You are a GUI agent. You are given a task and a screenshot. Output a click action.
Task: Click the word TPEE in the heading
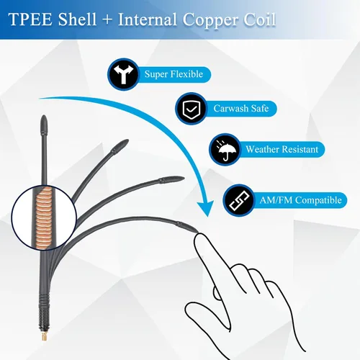(x=30, y=19)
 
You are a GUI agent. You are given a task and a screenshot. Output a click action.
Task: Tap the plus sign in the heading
(x=107, y=19)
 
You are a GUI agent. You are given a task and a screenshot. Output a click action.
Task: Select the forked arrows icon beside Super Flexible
(x=123, y=74)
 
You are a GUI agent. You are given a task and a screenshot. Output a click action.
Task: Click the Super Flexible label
(x=174, y=74)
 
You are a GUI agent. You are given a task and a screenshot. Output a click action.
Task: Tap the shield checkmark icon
(x=191, y=109)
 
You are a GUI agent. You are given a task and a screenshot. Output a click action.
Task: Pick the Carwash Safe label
(x=241, y=109)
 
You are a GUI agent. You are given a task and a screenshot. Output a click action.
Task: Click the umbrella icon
(x=225, y=150)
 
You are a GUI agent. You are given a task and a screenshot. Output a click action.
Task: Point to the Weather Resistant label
(x=282, y=149)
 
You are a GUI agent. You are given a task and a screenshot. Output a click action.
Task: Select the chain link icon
(x=239, y=200)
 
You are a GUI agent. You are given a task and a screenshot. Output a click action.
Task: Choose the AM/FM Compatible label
(x=300, y=200)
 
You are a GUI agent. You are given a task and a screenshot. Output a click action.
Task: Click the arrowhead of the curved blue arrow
(x=205, y=208)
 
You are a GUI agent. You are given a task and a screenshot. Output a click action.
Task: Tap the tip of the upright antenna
(x=44, y=116)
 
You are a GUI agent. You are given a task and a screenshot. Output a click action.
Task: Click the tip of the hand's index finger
(x=199, y=235)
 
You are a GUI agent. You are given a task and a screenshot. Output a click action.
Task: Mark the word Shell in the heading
(x=77, y=19)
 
